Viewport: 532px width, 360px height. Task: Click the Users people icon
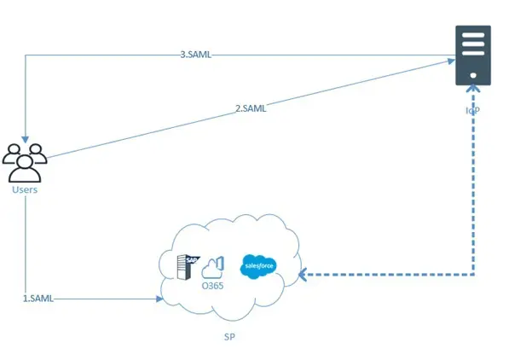tap(26, 160)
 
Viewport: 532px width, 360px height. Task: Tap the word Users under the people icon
tap(25, 189)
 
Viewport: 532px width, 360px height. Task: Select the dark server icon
tap(473, 55)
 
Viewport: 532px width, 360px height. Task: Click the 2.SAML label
tap(251, 107)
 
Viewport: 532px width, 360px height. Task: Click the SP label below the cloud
tap(228, 336)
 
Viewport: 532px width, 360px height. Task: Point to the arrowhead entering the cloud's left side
tap(159, 299)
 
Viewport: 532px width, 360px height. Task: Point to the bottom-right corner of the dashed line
tap(473, 275)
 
